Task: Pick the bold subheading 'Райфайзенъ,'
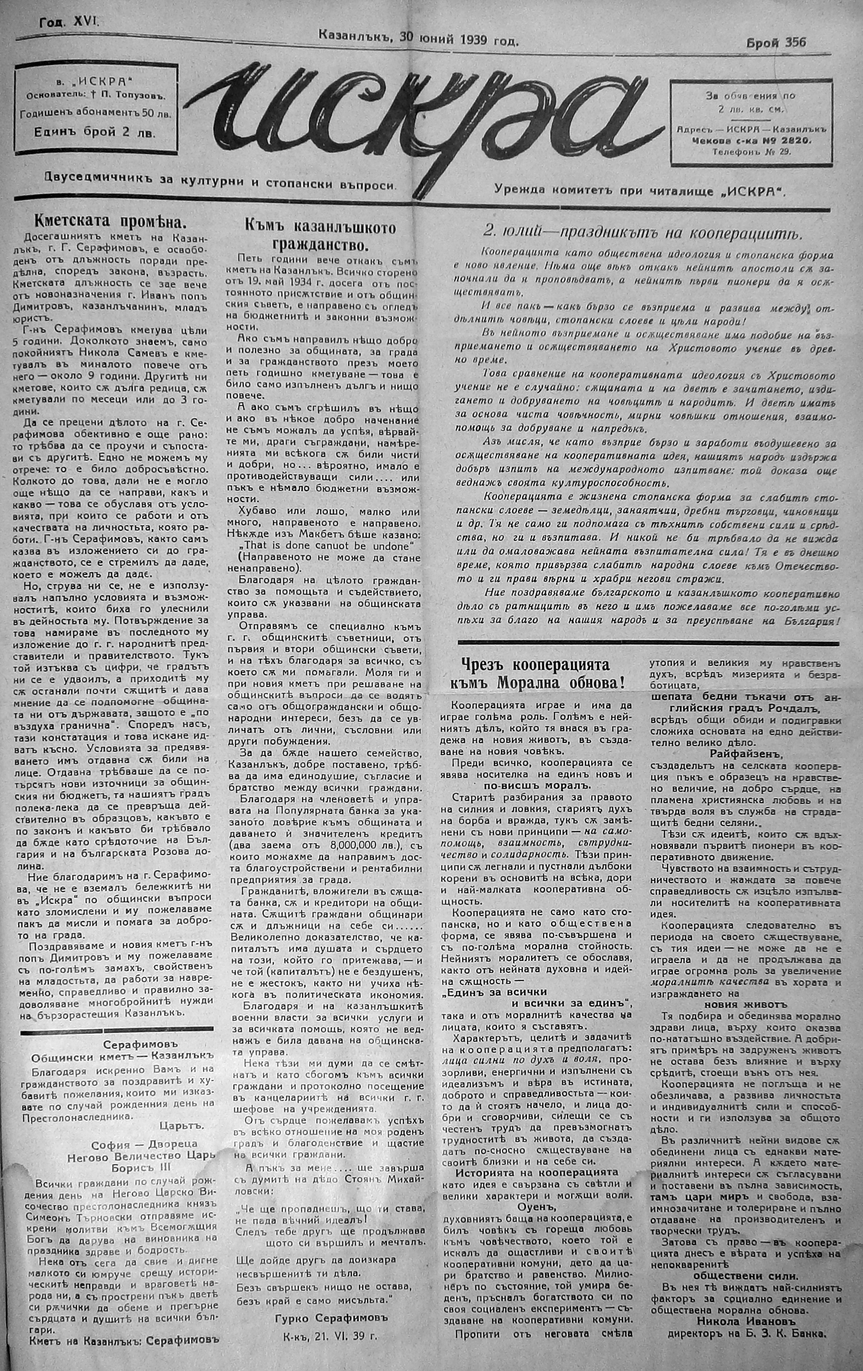click(747, 753)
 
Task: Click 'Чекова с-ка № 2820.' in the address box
click(752, 141)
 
